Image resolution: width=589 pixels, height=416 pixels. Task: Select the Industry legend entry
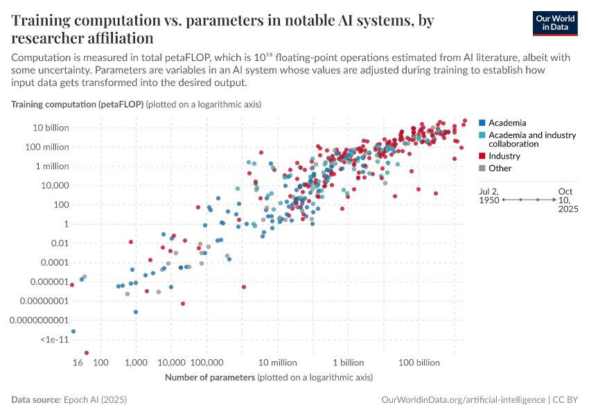tap(504, 156)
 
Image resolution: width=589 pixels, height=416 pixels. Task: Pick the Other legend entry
tap(500, 168)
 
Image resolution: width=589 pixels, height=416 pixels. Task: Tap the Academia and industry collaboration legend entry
tap(531, 139)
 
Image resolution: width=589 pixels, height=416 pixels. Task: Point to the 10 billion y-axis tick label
tap(47, 128)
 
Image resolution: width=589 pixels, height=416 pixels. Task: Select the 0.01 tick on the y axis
tap(57, 243)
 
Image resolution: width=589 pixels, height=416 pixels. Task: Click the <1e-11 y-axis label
tap(54, 339)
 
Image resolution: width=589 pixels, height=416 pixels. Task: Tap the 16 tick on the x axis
tap(78, 363)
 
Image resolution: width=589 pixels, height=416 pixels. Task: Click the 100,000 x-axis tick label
tap(207, 363)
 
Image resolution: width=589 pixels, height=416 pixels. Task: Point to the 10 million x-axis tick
tap(278, 363)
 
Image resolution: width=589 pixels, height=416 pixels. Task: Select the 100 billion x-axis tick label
tap(419, 363)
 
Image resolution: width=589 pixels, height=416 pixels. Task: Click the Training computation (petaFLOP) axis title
tap(78, 104)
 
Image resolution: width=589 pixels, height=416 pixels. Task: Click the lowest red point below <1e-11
tap(87, 353)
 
